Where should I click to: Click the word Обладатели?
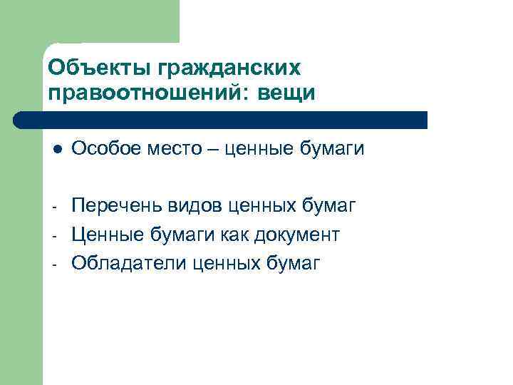(x=124, y=264)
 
